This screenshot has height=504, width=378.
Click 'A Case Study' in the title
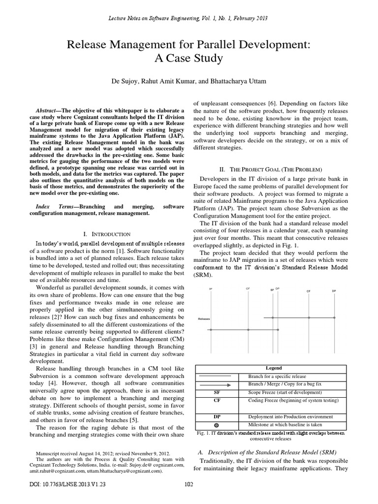tap(189, 59)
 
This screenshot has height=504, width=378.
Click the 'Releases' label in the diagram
tap(204, 318)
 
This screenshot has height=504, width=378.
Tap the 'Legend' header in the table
tap(274, 368)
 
